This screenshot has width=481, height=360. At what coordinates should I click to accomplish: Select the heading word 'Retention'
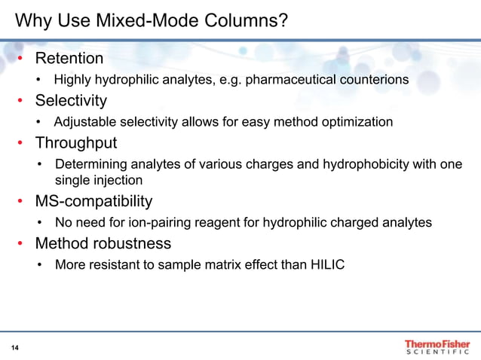point(69,58)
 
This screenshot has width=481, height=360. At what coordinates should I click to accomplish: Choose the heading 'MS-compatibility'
point(93,201)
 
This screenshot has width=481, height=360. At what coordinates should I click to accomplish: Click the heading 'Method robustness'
point(103,243)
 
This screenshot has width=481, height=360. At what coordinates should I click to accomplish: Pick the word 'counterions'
point(372,79)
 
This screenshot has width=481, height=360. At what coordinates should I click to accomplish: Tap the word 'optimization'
point(355,121)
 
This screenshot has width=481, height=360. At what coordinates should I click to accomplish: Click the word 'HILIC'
point(329,264)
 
